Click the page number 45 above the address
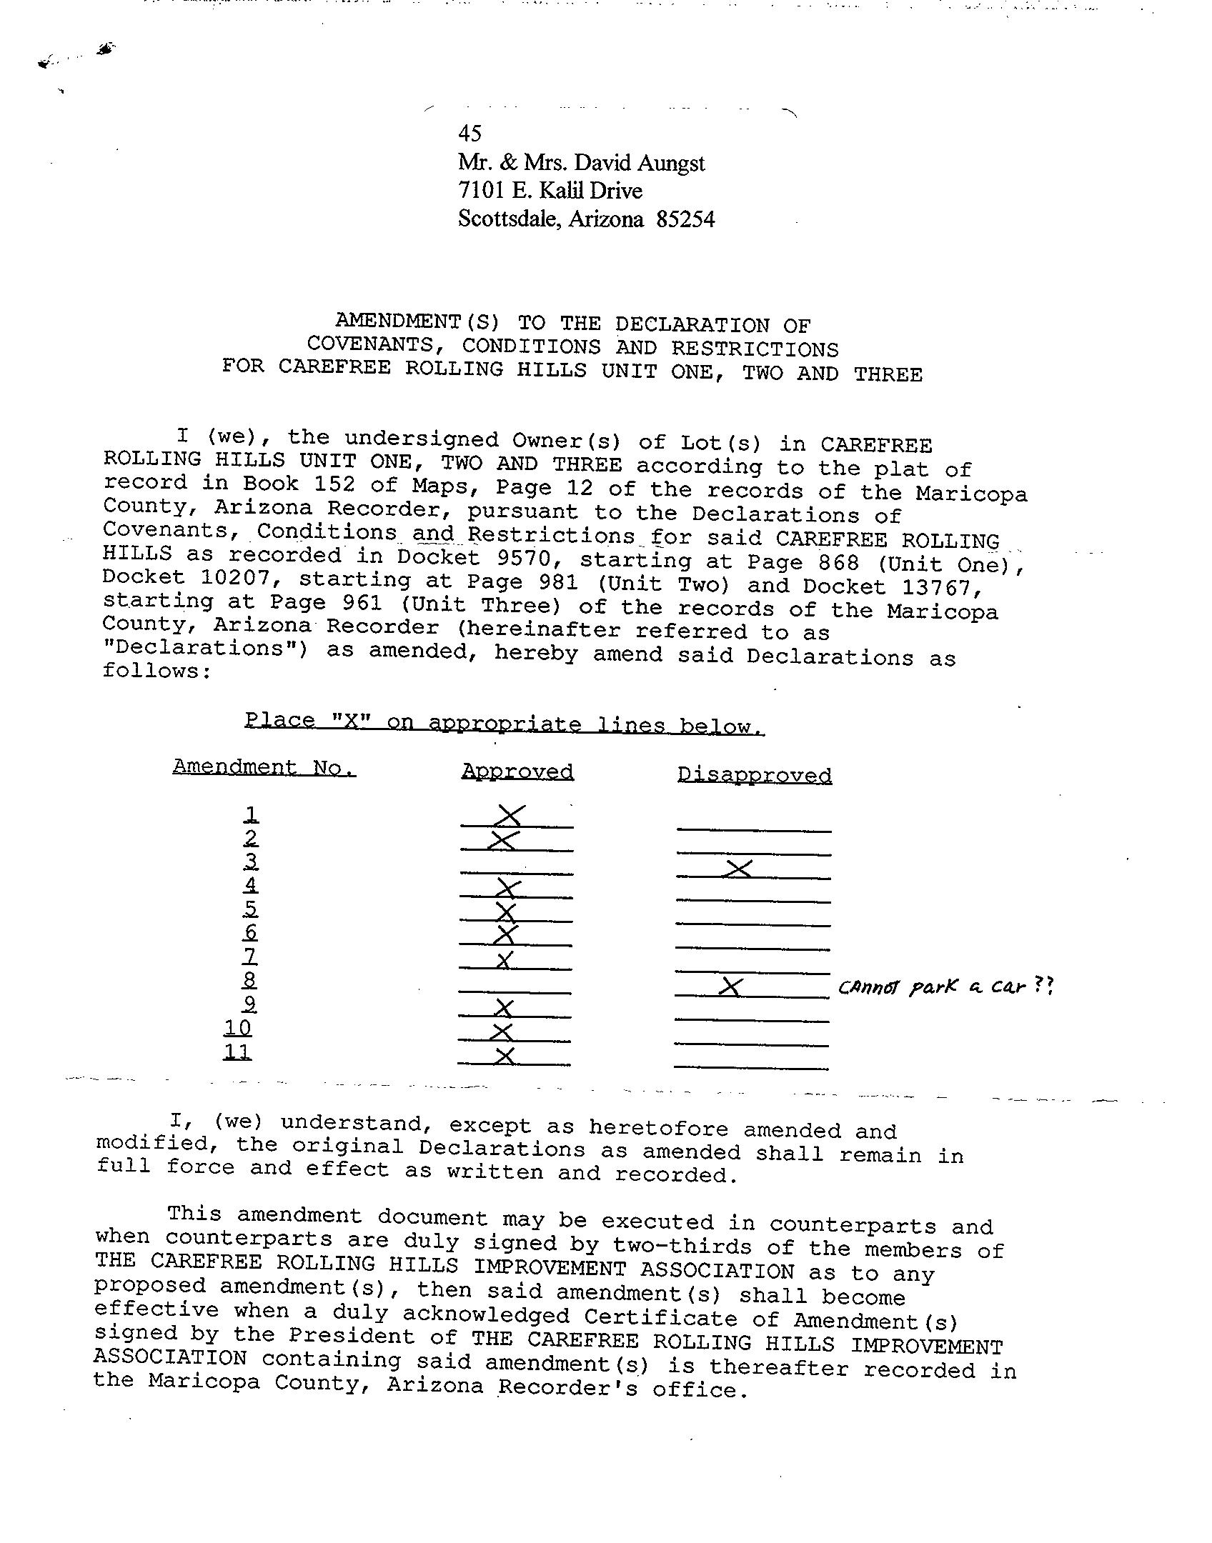[x=470, y=133]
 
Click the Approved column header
[x=517, y=771]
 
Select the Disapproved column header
[x=754, y=775]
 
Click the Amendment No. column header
[x=264, y=767]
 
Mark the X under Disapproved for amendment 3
[x=738, y=869]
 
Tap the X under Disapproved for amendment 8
[x=730, y=987]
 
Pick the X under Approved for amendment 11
[x=505, y=1056]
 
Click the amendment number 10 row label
[x=237, y=1028]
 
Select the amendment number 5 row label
[x=250, y=909]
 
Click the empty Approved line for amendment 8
[x=515, y=992]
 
